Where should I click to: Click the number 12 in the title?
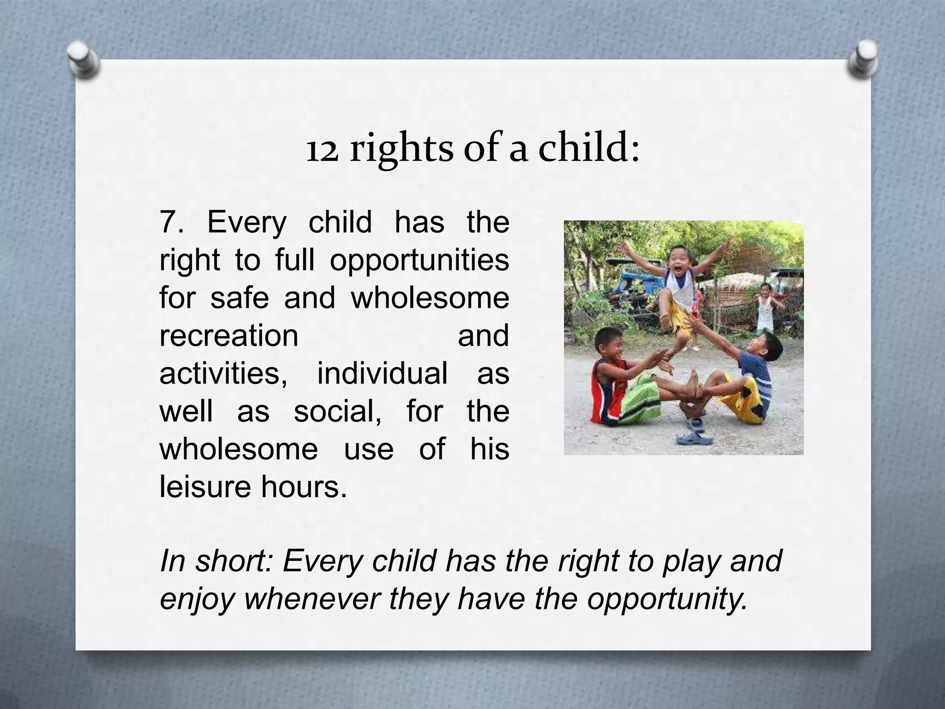(x=322, y=150)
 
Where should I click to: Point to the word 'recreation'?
(x=229, y=336)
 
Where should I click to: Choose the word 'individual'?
(x=382, y=373)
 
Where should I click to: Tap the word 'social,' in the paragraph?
(x=337, y=411)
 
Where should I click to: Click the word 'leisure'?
(x=205, y=486)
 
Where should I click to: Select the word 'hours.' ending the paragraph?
(x=304, y=486)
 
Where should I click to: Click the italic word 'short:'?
(x=235, y=561)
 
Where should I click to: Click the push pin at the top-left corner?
(x=84, y=60)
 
